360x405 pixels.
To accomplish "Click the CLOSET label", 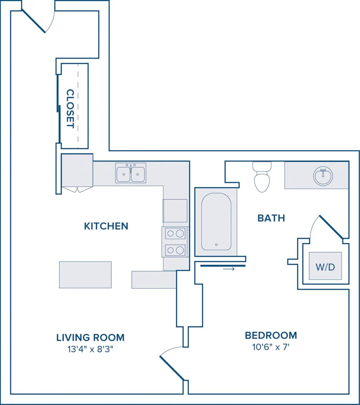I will [x=70, y=109].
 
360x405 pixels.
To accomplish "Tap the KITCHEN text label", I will [x=106, y=226].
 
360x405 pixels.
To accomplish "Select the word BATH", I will [x=271, y=218].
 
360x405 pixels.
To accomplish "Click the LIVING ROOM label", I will [x=90, y=338].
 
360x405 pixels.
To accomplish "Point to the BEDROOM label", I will [x=271, y=335].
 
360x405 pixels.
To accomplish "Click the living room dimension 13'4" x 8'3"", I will [x=90, y=349].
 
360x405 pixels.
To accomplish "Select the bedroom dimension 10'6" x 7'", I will [x=271, y=347].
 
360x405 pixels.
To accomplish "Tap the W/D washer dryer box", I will [x=325, y=266].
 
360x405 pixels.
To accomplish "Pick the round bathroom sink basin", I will [x=323, y=176].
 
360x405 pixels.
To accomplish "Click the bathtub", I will [x=216, y=221].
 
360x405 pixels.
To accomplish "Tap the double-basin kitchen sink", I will [x=131, y=173].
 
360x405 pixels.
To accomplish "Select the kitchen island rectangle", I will [x=85, y=275].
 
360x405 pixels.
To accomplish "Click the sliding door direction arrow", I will [x=229, y=269].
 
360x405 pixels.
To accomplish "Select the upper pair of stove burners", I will [x=175, y=234].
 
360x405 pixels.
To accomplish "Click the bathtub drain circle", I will [x=216, y=245].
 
